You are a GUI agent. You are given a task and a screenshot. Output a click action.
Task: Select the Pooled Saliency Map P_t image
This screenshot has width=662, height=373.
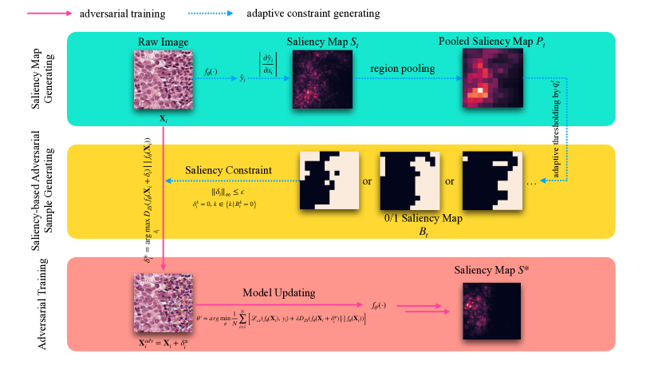(x=492, y=79)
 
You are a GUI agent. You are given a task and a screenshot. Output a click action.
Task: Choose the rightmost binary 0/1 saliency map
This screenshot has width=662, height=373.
(x=492, y=180)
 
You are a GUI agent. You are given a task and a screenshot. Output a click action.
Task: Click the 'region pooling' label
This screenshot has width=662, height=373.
(x=403, y=69)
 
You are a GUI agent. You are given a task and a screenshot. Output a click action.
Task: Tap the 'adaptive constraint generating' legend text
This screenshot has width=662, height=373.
(x=313, y=14)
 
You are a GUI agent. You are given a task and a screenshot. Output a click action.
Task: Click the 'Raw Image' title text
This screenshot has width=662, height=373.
(x=163, y=41)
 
